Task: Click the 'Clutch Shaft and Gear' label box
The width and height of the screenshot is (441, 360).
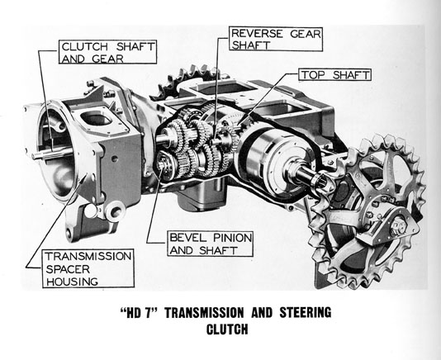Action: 107,52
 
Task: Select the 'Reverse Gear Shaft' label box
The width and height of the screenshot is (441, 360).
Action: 276,39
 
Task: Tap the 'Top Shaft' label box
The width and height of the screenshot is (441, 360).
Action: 334,75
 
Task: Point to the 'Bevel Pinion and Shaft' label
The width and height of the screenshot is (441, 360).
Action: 210,244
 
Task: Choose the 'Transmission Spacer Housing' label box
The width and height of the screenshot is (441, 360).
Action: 88,268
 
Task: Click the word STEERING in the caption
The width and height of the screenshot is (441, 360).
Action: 306,313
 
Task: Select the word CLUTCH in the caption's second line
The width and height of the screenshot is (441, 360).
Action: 227,329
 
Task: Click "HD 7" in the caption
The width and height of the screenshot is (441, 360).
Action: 139,313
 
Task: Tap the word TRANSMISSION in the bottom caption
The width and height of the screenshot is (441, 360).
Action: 204,313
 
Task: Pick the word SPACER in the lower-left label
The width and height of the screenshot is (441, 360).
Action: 68,269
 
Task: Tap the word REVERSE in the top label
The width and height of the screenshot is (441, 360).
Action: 257,34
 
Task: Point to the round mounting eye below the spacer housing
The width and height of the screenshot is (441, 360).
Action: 116,211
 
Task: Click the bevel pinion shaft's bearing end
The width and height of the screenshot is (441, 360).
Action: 162,166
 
